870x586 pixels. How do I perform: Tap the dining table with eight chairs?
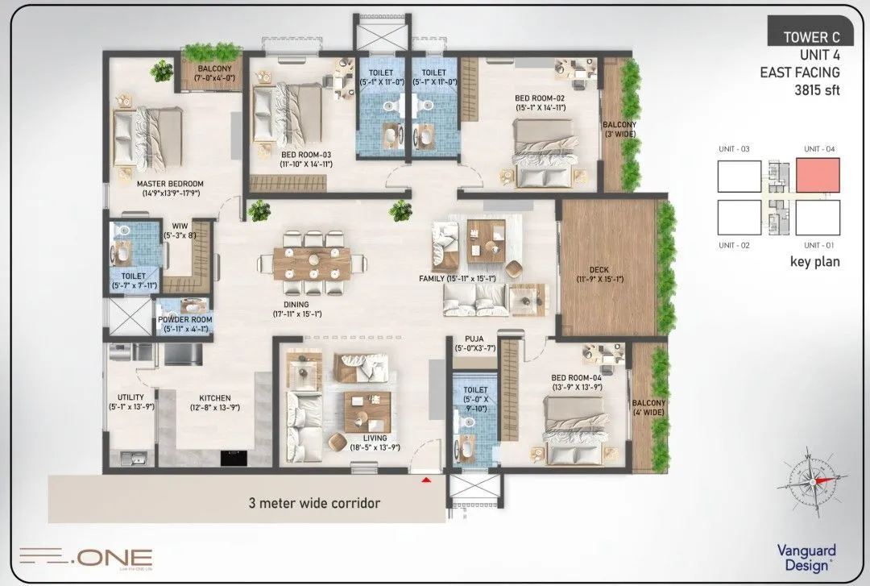[311, 264]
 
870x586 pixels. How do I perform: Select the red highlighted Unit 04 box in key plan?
[818, 176]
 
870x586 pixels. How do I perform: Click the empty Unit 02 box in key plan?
[739, 217]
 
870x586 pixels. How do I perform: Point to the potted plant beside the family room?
[400, 211]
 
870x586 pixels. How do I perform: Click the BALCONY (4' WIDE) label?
[649, 408]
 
